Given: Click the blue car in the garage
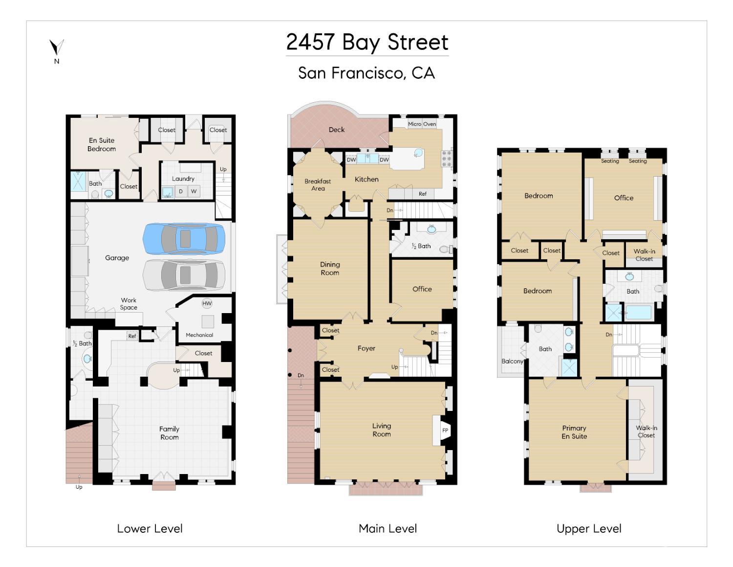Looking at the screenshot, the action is tap(184, 239).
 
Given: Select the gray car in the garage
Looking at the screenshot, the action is tap(184, 275).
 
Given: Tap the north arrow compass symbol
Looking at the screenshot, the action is tap(57, 47).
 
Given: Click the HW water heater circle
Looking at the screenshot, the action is tap(207, 303).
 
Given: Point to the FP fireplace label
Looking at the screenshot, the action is tap(445, 430).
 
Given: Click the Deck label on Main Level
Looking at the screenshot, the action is tap(336, 130).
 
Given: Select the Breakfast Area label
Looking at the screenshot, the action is tap(318, 185).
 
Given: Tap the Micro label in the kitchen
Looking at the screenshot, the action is tap(414, 124).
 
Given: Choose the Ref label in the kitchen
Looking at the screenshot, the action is tap(422, 194).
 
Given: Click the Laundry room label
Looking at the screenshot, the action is tap(183, 179).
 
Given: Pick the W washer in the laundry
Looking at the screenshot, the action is tap(194, 191).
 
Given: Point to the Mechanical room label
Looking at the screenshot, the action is tap(199, 335).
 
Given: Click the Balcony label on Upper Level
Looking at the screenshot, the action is tap(512, 362).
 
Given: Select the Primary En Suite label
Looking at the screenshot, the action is tap(574, 432).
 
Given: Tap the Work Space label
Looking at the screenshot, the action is tap(129, 304).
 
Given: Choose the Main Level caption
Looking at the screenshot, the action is tap(388, 528).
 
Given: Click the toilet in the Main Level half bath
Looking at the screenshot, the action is tap(446, 249).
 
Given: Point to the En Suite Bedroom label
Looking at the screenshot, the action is tap(102, 144).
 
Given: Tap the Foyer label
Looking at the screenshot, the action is tap(366, 348).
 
